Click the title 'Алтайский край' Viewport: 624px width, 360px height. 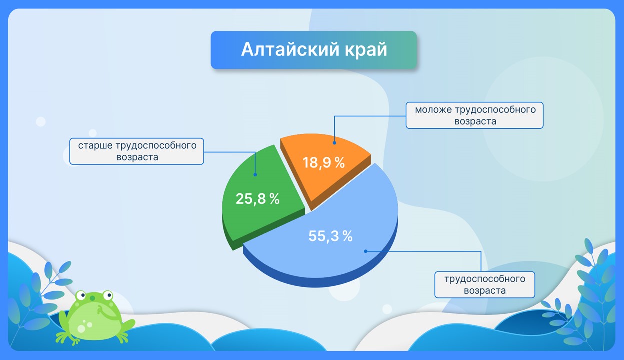coord(314,50)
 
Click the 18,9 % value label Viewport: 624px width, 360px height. coord(324,163)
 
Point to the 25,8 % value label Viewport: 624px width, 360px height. coord(257,199)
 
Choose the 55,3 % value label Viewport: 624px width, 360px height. coord(330,236)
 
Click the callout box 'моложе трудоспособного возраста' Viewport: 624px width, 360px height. coord(475,115)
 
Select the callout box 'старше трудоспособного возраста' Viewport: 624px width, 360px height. coord(137,151)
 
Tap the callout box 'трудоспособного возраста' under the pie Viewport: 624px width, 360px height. coord(485,285)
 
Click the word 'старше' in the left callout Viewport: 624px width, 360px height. coord(95,146)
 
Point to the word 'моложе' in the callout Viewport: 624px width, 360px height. coord(433,110)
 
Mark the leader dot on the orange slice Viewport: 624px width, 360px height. coord(334,143)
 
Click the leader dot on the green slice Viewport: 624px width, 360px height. coord(255,175)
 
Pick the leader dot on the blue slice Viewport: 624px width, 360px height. coord(366,251)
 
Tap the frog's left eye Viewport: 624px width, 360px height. coord(81,295)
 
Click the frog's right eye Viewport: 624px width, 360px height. coord(107,295)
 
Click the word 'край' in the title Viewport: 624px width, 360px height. coord(366,50)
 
